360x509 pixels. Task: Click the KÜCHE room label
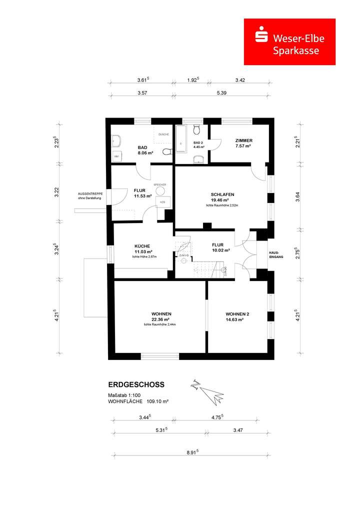pyautogui.click(x=142, y=249)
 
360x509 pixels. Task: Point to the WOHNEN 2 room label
pyautogui.click(x=237, y=317)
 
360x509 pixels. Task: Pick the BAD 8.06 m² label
pyautogui.click(x=145, y=150)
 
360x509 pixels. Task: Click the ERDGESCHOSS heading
pyautogui.click(x=136, y=385)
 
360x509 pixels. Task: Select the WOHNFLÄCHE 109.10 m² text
pyautogui.click(x=138, y=401)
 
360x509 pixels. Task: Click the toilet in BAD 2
pyautogui.click(x=197, y=130)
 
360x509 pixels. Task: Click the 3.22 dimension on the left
pyautogui.click(x=56, y=192)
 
